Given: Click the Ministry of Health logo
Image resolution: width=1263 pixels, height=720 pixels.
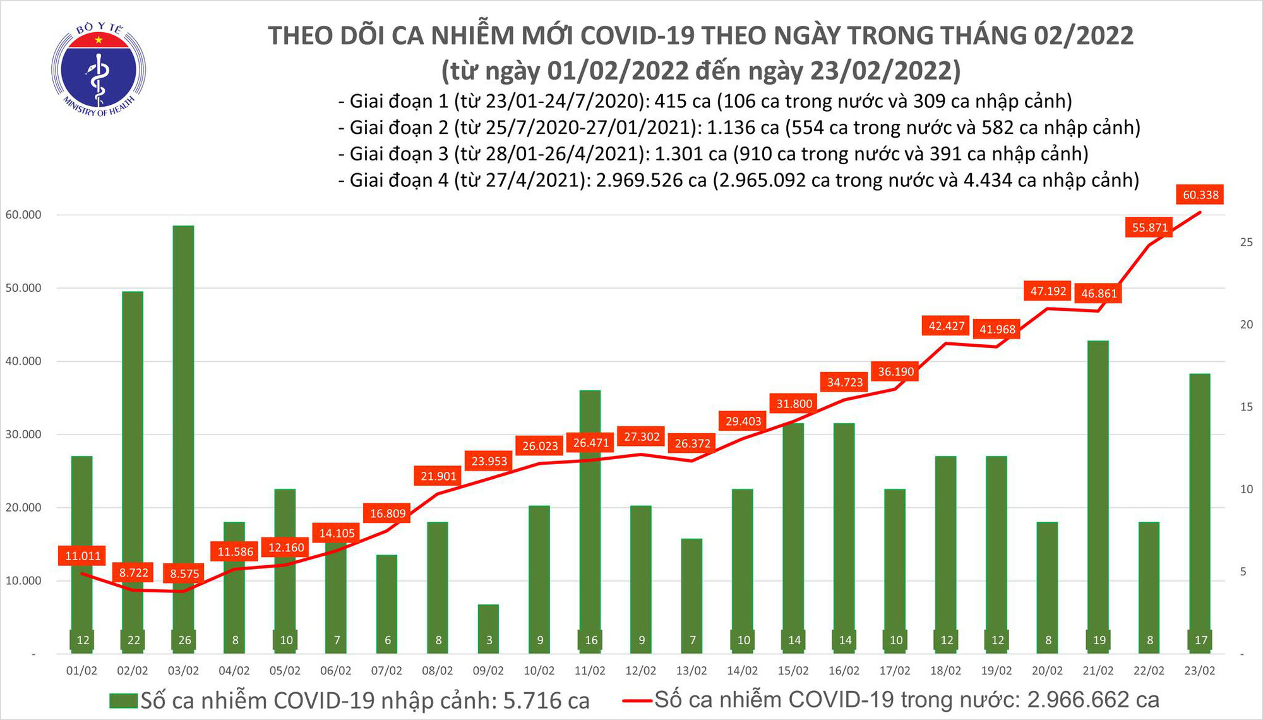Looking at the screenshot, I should tap(99, 69).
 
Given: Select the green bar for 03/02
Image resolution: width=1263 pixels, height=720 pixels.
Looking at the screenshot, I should tap(183, 411).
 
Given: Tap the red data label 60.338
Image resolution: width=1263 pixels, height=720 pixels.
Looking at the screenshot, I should tap(1200, 195).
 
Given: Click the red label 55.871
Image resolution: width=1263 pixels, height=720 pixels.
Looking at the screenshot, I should tap(1149, 227).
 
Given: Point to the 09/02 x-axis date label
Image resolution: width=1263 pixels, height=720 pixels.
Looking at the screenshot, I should tap(488, 671).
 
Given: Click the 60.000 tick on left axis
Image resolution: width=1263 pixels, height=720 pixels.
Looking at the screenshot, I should tap(23, 215).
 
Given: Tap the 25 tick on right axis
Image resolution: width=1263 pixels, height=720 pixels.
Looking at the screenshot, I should tap(1246, 243).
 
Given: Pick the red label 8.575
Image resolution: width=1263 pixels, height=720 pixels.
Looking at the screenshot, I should tap(184, 573).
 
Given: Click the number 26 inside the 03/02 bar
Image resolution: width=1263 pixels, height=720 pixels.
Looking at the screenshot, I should tap(184, 640).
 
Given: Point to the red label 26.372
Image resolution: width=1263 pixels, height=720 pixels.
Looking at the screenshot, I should tap(692, 443).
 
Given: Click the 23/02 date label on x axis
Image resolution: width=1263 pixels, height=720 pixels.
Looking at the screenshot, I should tap(1199, 671).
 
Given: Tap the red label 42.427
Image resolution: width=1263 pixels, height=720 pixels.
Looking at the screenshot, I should tap(946, 326).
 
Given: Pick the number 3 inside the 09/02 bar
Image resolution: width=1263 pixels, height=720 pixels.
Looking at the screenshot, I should tap(489, 640).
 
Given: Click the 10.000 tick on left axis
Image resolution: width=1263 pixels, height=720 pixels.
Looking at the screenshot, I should tap(23, 580).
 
